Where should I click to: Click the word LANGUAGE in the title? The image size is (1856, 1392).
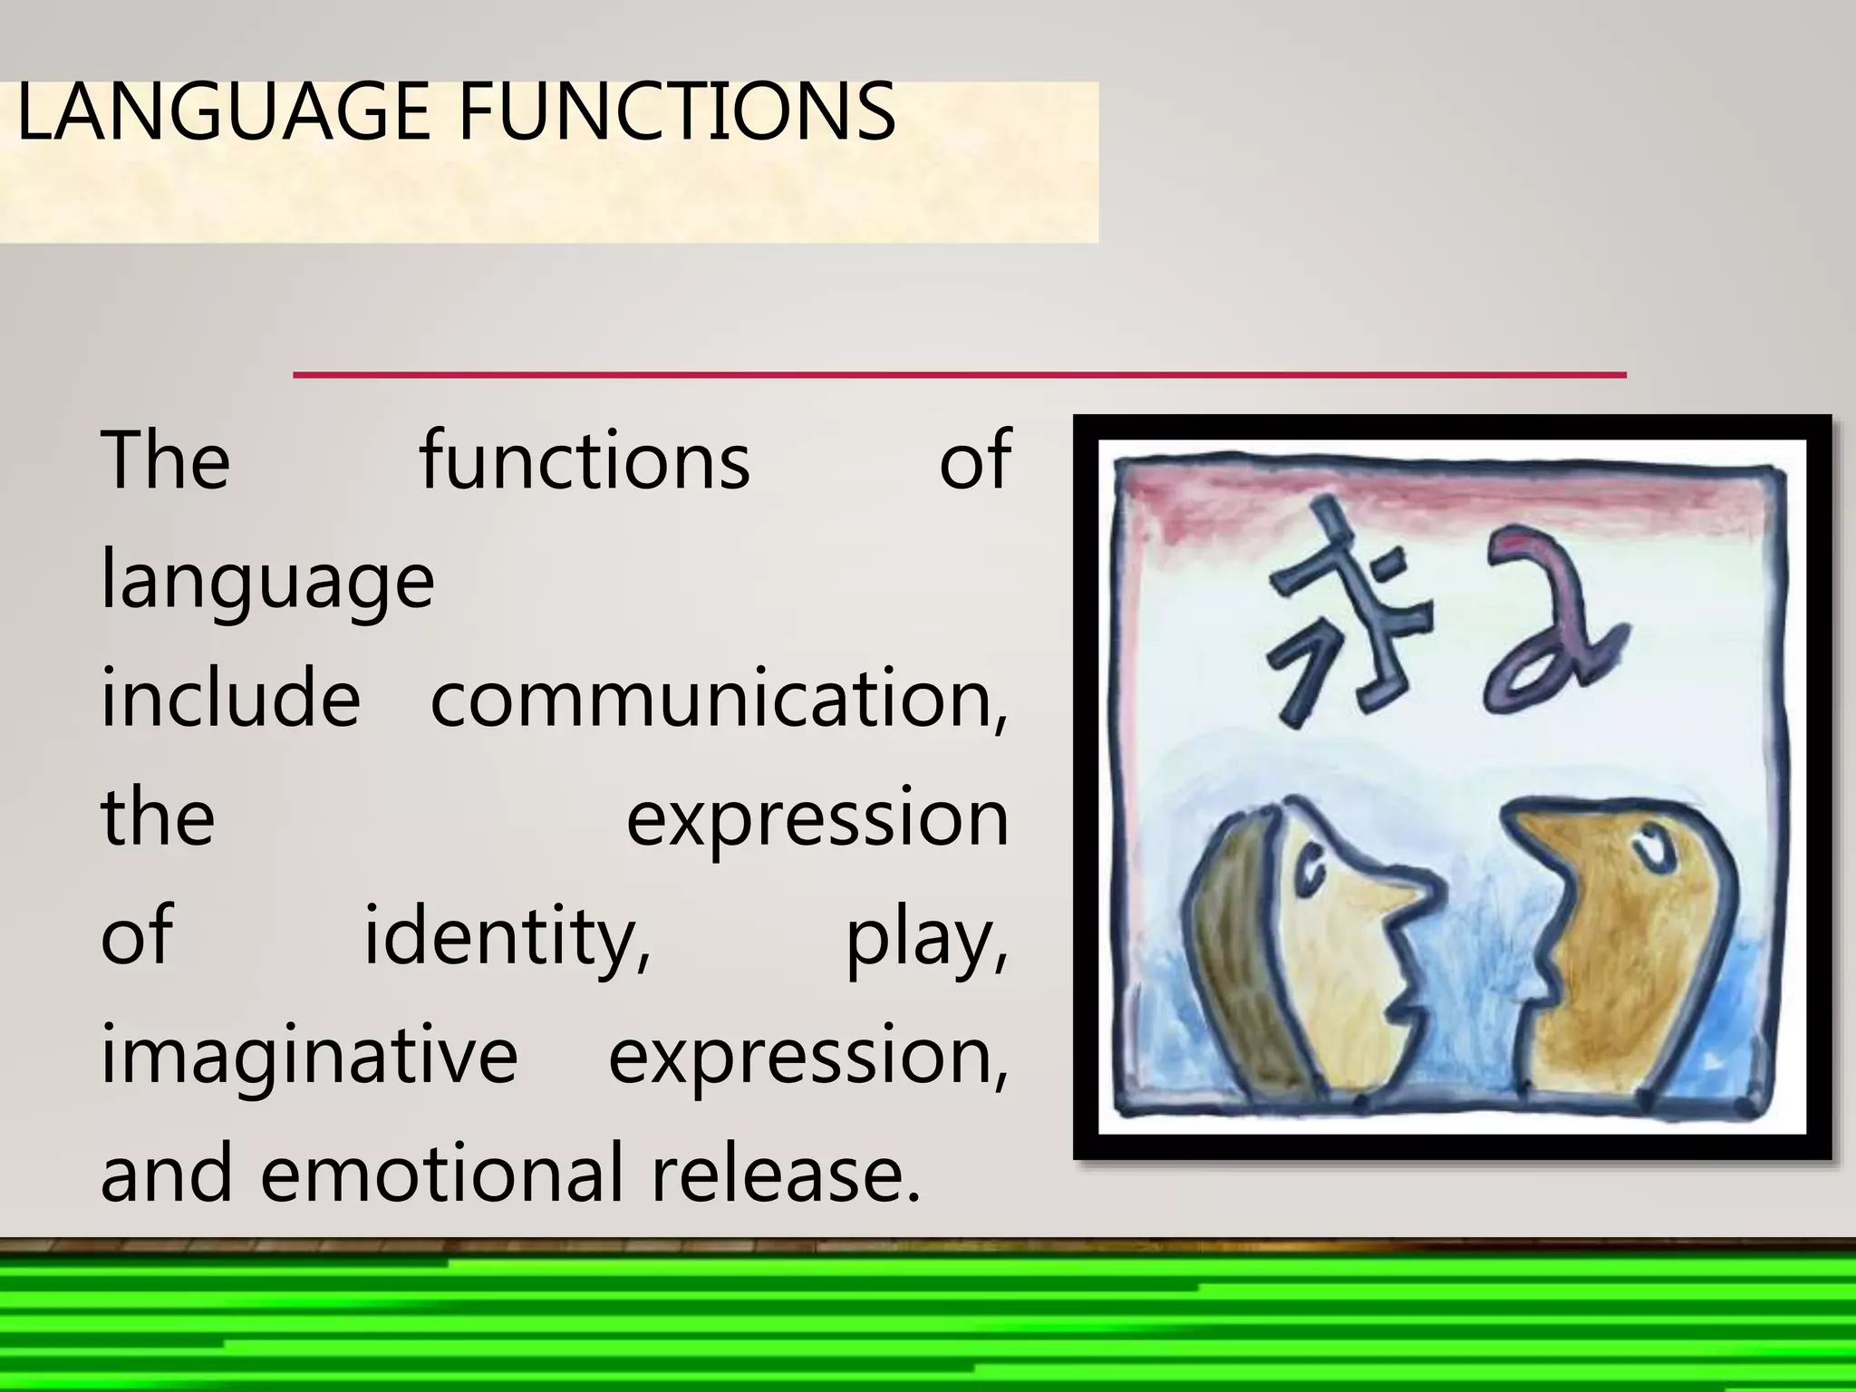click(222, 112)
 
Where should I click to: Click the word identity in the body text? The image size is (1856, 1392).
click(507, 936)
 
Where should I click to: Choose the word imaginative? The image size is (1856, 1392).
click(308, 1056)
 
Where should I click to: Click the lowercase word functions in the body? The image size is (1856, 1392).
click(585, 460)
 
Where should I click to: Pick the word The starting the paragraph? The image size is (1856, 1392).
click(165, 460)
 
